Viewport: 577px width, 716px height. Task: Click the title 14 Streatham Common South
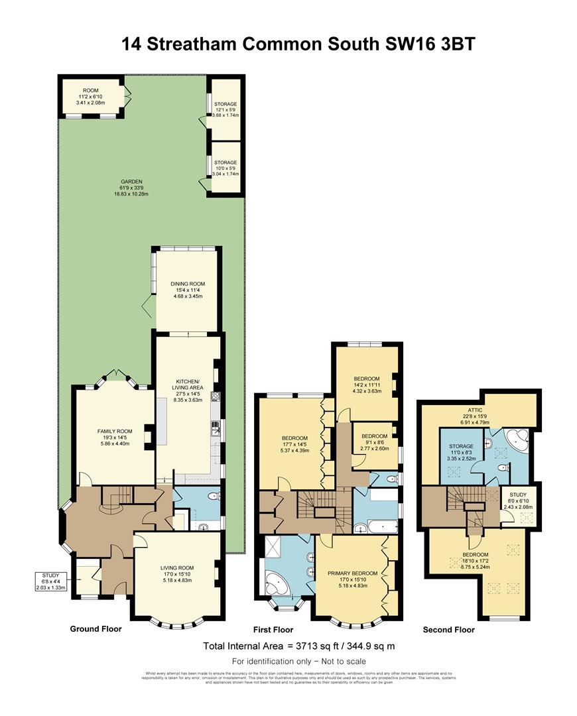click(288, 44)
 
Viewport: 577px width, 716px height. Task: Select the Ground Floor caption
click(96, 628)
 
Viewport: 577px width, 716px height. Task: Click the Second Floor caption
click(448, 629)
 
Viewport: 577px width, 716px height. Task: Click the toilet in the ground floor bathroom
click(210, 497)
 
